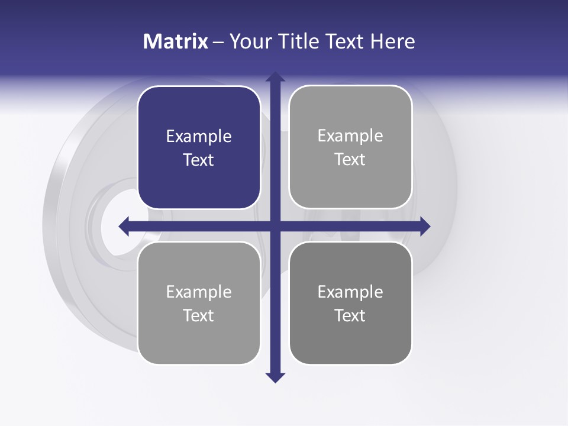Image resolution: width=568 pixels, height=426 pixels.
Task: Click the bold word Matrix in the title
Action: (x=175, y=41)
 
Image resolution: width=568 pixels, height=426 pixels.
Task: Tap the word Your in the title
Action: (x=248, y=41)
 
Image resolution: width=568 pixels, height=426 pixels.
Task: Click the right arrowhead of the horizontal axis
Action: (x=424, y=226)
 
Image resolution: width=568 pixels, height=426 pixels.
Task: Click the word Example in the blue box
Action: (x=199, y=137)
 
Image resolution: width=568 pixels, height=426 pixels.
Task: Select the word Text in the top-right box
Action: (x=350, y=160)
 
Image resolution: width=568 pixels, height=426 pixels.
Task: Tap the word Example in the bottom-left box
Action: (x=199, y=292)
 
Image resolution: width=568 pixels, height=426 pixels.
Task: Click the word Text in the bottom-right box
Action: (x=350, y=315)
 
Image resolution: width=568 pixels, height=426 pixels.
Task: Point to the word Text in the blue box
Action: (x=199, y=160)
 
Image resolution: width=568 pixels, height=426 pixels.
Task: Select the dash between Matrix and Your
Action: (x=218, y=42)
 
